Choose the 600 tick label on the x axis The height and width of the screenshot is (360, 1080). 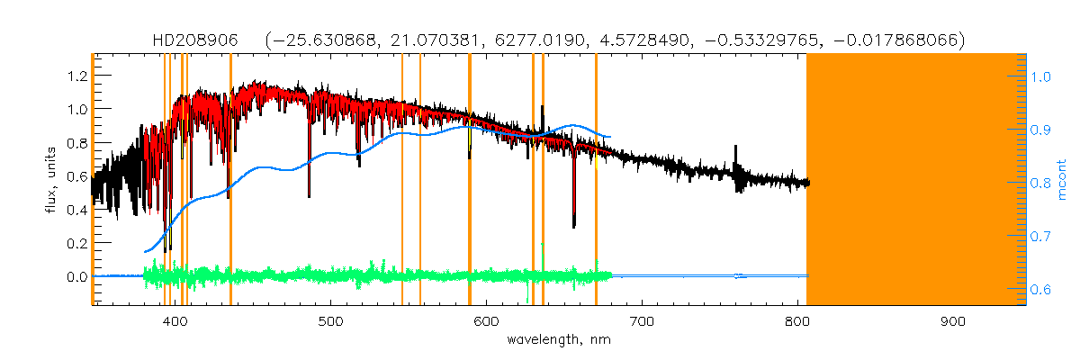[x=486, y=323]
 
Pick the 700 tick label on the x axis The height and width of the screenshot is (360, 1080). [x=642, y=323]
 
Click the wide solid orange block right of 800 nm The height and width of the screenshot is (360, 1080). [x=916, y=180]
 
